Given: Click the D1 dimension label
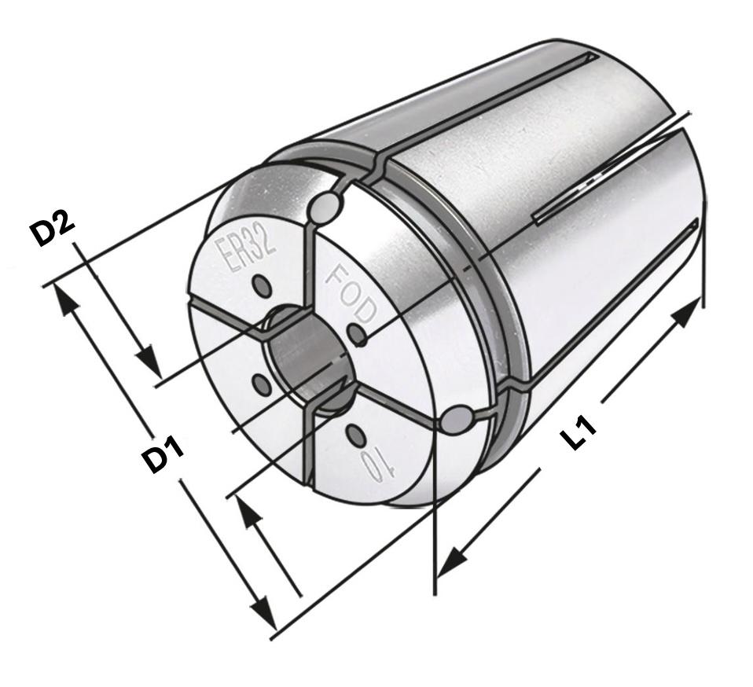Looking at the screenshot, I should (164, 457).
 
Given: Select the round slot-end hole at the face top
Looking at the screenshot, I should (325, 208).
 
